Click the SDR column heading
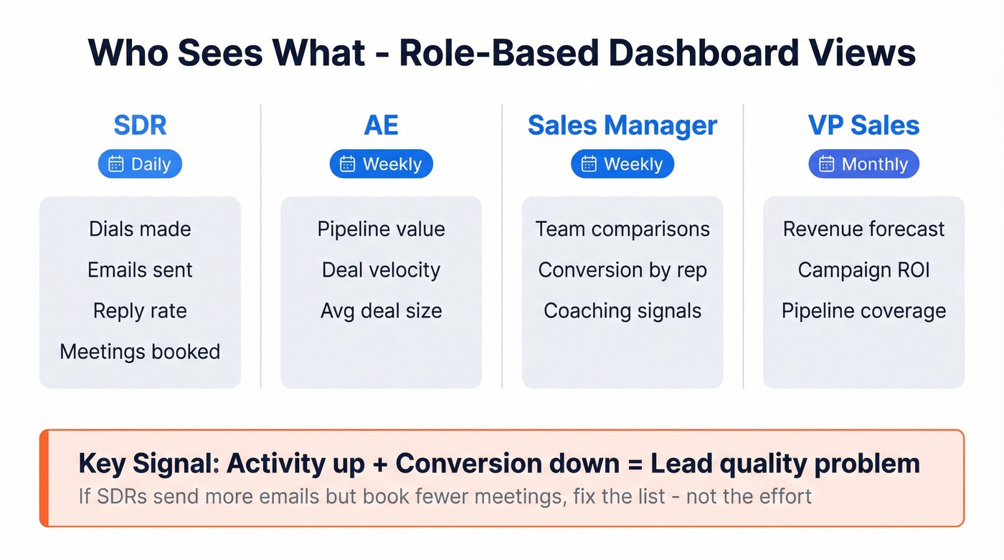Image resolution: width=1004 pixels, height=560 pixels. (140, 125)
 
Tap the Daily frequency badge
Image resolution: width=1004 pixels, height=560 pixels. (140, 164)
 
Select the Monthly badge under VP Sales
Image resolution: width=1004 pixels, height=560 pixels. (863, 164)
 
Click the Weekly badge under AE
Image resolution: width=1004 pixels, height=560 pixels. (381, 164)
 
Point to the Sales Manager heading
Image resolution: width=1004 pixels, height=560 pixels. (622, 125)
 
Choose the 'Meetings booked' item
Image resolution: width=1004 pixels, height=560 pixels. (140, 351)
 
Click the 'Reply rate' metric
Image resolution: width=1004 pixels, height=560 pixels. (140, 310)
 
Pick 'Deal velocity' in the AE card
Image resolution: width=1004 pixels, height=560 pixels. (381, 270)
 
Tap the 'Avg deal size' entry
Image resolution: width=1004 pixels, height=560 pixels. (381, 310)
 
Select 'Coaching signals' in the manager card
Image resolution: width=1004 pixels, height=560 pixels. (622, 310)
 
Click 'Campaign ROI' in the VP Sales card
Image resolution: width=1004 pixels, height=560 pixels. (863, 270)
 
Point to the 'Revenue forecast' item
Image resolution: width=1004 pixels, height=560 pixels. (863, 229)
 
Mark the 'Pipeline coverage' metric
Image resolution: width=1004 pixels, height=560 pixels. (863, 310)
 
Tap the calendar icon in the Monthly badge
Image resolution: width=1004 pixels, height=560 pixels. (827, 164)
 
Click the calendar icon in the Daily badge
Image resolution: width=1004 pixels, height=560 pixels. (116, 164)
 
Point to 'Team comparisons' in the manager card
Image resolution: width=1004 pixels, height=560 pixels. (622, 229)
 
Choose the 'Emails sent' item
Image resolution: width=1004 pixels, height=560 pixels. (140, 270)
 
